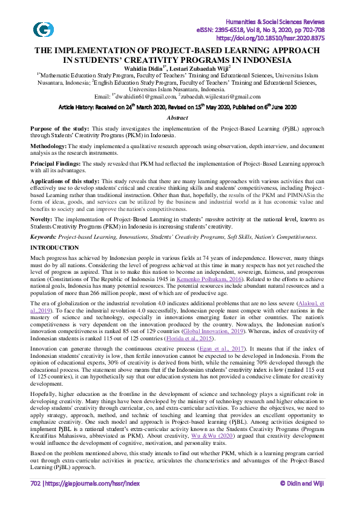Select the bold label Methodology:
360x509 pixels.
tap(50, 146)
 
